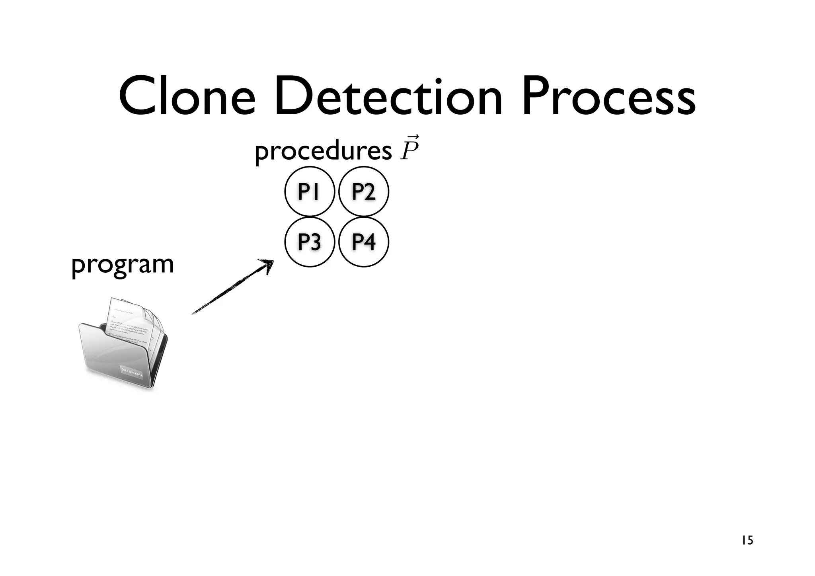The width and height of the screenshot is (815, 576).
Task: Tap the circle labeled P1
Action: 309,192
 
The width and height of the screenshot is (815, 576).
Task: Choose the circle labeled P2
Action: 363,192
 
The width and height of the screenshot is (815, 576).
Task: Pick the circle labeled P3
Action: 309,242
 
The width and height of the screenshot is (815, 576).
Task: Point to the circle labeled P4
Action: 363,242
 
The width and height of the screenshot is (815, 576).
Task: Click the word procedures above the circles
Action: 323,151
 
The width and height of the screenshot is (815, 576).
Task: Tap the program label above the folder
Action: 123,264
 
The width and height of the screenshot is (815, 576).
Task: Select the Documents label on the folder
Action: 131,372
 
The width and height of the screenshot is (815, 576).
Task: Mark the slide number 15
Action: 747,541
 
